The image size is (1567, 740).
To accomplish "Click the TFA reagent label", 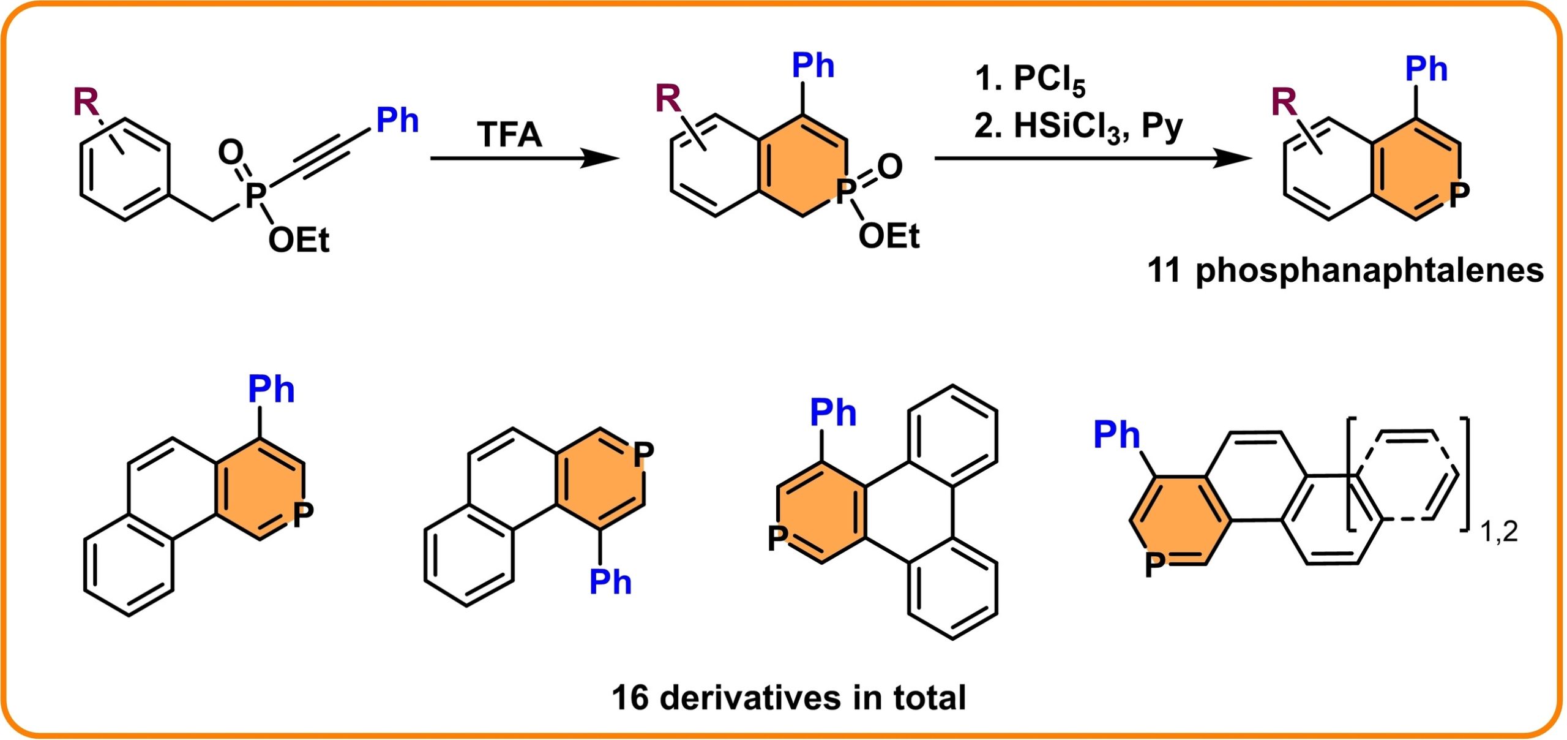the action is [x=509, y=135].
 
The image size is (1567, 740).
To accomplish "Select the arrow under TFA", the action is [x=525, y=159].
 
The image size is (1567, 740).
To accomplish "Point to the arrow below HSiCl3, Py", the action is [x=1093, y=159].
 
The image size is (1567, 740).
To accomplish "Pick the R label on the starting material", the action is [x=86, y=101].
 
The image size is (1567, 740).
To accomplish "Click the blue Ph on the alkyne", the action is [x=397, y=119].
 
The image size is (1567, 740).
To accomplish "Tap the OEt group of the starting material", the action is [x=299, y=240].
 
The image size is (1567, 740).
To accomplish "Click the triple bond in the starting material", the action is [x=331, y=154].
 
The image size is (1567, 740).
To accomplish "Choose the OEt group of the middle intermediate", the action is [x=889, y=236].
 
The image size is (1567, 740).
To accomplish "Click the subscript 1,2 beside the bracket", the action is [x=1499, y=532].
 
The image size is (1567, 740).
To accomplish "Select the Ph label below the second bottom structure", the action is [x=610, y=581].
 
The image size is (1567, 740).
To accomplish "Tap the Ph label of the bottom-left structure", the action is [x=271, y=389].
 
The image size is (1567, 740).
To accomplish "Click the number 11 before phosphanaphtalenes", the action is [x=1164, y=270].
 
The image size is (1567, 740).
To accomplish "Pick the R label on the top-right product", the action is [x=1284, y=102].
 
